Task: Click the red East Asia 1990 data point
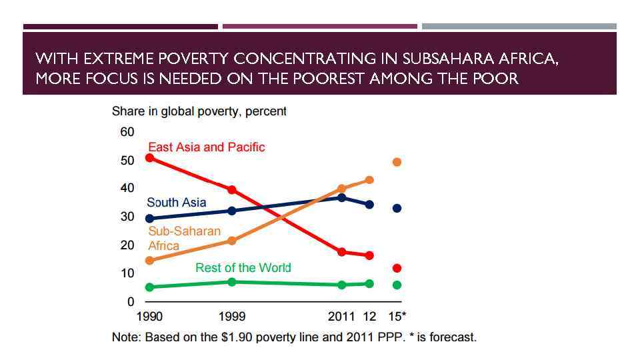[x=149, y=158]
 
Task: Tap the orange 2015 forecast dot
[x=397, y=162]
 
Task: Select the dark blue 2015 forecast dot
[x=397, y=208]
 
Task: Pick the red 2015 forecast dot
[x=397, y=268]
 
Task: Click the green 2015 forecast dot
[x=397, y=285]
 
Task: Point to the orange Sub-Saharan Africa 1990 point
[x=149, y=261]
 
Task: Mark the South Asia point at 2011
[x=342, y=197]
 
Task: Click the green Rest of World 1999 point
[x=232, y=282]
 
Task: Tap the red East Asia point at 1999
[x=232, y=190]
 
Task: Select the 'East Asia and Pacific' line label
[x=206, y=147]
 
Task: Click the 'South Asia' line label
[x=176, y=202]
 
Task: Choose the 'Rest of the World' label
[x=243, y=267]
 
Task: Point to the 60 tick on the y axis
[x=127, y=131]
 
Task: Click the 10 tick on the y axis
[x=127, y=273]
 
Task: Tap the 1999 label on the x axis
[x=232, y=316]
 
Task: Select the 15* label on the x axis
[x=397, y=316]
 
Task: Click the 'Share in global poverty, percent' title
[x=199, y=111]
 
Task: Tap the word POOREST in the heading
[x=328, y=79]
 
